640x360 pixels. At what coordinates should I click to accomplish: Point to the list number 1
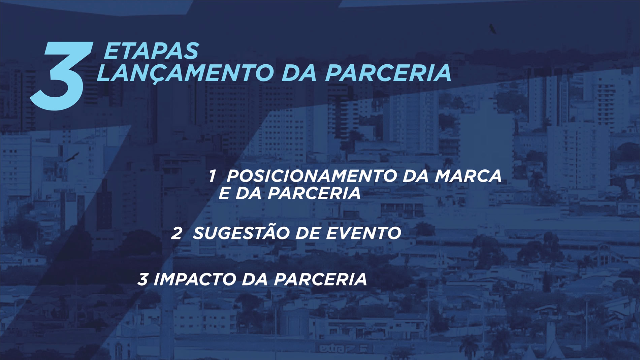click(212, 176)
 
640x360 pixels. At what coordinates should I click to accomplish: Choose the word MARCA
click(468, 176)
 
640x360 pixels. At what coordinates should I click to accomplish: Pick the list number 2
click(176, 233)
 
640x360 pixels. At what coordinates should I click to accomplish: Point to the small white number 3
click(142, 279)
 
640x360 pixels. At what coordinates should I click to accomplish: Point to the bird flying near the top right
click(492, 29)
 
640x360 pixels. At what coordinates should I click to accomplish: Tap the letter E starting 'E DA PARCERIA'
click(224, 193)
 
